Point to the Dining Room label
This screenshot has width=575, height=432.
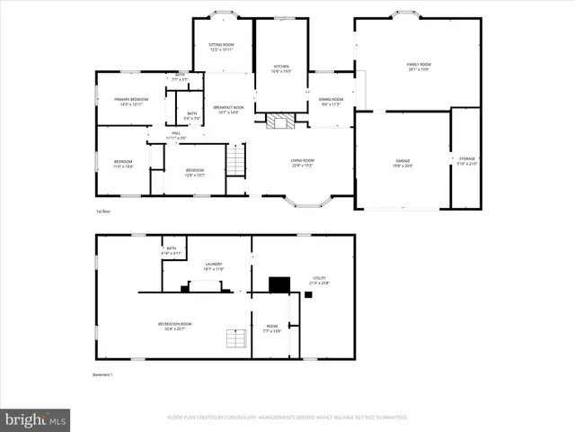click(332, 101)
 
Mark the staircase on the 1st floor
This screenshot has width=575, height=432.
click(235, 160)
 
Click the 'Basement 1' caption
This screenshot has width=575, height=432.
click(103, 374)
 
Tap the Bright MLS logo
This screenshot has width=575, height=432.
click(36, 419)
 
